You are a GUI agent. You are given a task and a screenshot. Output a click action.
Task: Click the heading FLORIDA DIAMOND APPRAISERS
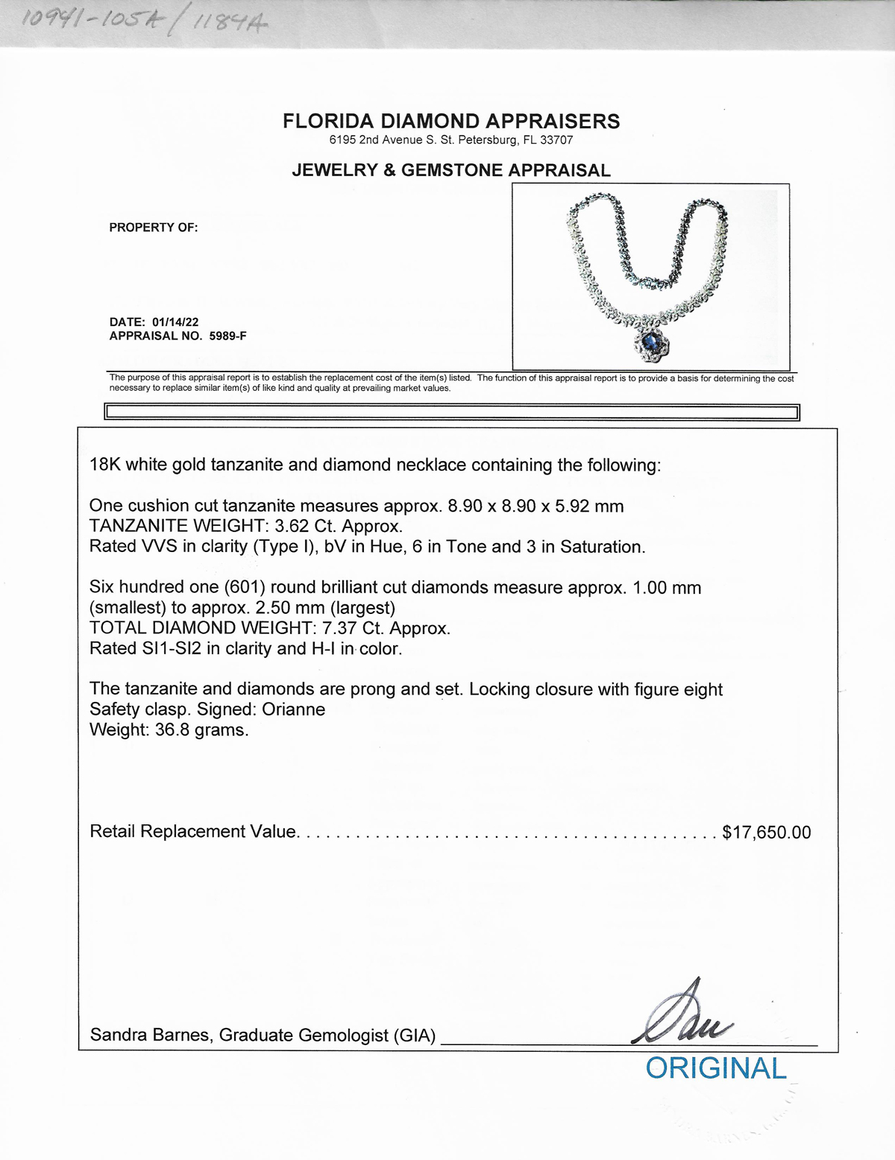click(451, 122)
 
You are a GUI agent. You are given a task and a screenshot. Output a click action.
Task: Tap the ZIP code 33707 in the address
click(558, 140)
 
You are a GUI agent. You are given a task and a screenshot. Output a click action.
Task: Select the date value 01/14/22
click(175, 322)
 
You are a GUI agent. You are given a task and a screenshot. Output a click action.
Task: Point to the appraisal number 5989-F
click(227, 336)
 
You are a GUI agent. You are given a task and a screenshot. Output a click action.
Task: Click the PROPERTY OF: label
click(154, 228)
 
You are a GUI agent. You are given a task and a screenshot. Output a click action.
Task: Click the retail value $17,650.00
click(766, 832)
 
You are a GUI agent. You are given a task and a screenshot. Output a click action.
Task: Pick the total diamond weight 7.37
click(338, 628)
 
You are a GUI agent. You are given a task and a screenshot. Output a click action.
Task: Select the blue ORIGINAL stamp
click(715, 1068)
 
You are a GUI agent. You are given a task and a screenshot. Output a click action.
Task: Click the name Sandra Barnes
click(149, 1035)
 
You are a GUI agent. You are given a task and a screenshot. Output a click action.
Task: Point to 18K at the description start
click(104, 465)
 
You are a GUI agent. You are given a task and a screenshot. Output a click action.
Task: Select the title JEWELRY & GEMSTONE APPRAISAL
click(451, 170)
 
